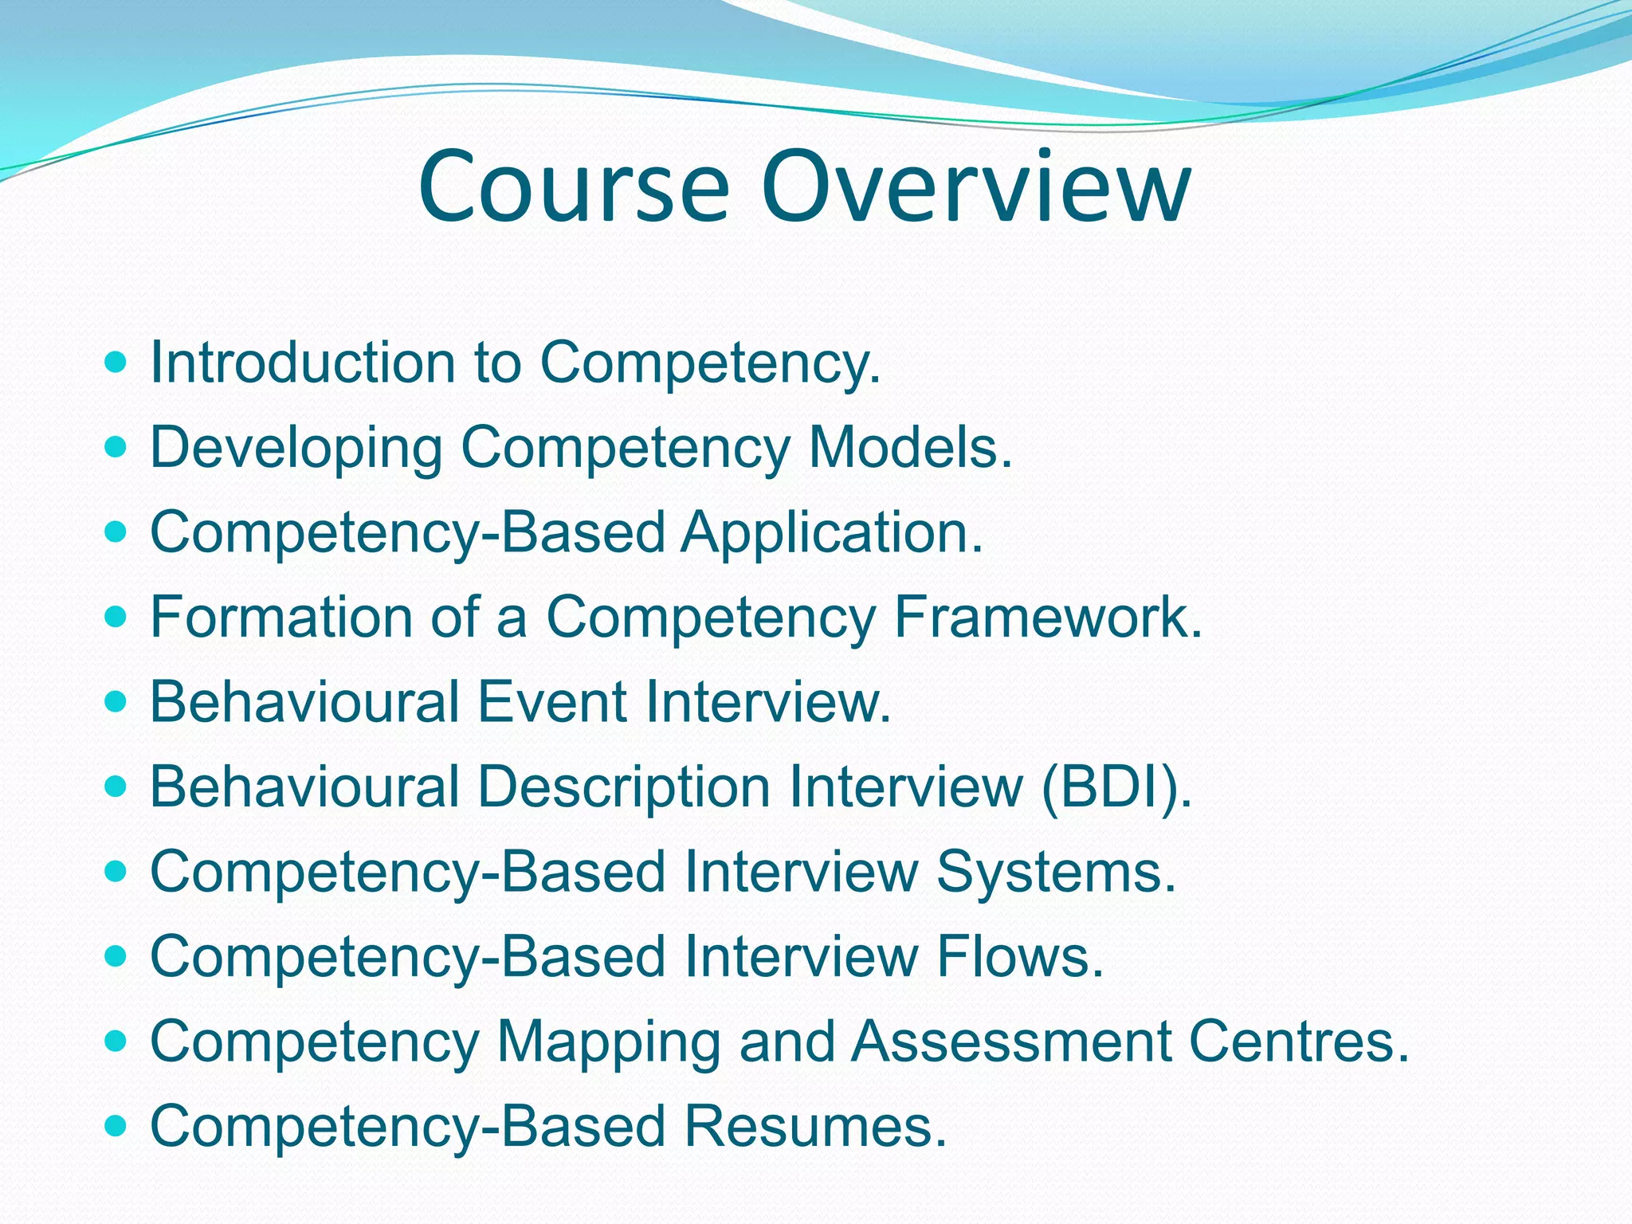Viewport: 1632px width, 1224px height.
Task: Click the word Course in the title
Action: click(x=574, y=187)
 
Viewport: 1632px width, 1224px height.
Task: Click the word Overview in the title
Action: click(x=975, y=187)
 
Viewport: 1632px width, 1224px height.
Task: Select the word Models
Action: click(x=909, y=448)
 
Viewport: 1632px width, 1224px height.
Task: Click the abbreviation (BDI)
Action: click(x=1116, y=787)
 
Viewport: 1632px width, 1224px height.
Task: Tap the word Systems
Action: click(x=1056, y=872)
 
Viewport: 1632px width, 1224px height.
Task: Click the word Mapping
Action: click(x=609, y=1042)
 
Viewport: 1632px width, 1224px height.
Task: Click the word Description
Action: click(x=624, y=787)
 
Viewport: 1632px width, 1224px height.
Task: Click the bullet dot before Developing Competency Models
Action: click(x=116, y=448)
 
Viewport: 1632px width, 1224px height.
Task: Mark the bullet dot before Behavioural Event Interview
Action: click(x=116, y=702)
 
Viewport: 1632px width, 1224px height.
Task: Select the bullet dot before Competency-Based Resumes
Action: click(x=116, y=1126)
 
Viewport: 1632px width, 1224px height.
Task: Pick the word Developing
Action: click(x=296, y=448)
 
